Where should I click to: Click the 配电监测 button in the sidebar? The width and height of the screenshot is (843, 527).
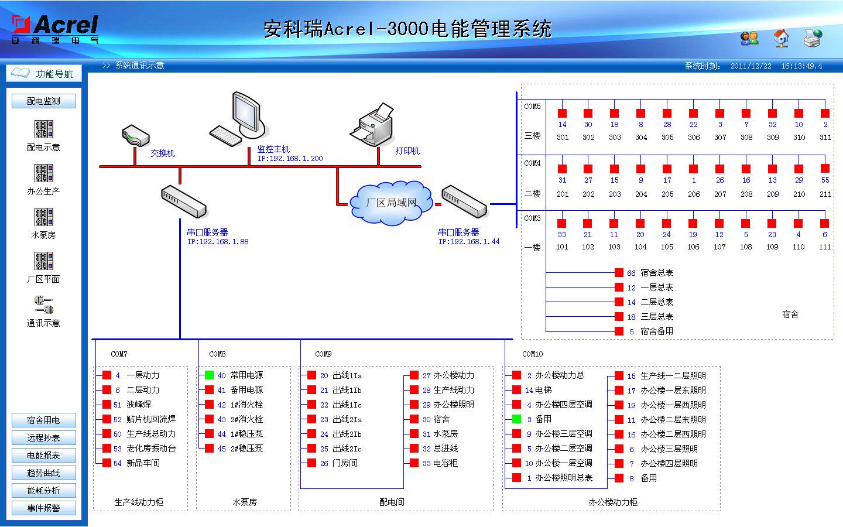43,101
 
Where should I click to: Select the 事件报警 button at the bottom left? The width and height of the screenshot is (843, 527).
43,508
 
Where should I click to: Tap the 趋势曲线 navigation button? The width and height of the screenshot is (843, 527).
43,473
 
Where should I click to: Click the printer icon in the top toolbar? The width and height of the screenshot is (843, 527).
813,38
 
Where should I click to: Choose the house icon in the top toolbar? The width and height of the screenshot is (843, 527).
781,38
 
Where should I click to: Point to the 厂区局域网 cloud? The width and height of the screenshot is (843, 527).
391,203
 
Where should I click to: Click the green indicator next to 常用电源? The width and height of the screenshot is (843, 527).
209,375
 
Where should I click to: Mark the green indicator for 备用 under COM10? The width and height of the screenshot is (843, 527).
516,419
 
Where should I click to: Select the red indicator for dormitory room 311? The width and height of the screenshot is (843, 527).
825,113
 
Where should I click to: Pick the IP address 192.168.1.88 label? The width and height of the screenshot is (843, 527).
218,242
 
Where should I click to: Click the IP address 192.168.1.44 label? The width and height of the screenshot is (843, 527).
469,242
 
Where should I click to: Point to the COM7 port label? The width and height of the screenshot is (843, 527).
119,354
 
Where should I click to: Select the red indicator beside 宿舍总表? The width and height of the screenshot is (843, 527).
619,273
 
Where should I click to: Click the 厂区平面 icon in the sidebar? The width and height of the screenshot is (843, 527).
44,261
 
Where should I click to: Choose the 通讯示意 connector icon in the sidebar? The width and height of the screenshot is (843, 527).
44,305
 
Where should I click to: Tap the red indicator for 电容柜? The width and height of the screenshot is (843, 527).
414,463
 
